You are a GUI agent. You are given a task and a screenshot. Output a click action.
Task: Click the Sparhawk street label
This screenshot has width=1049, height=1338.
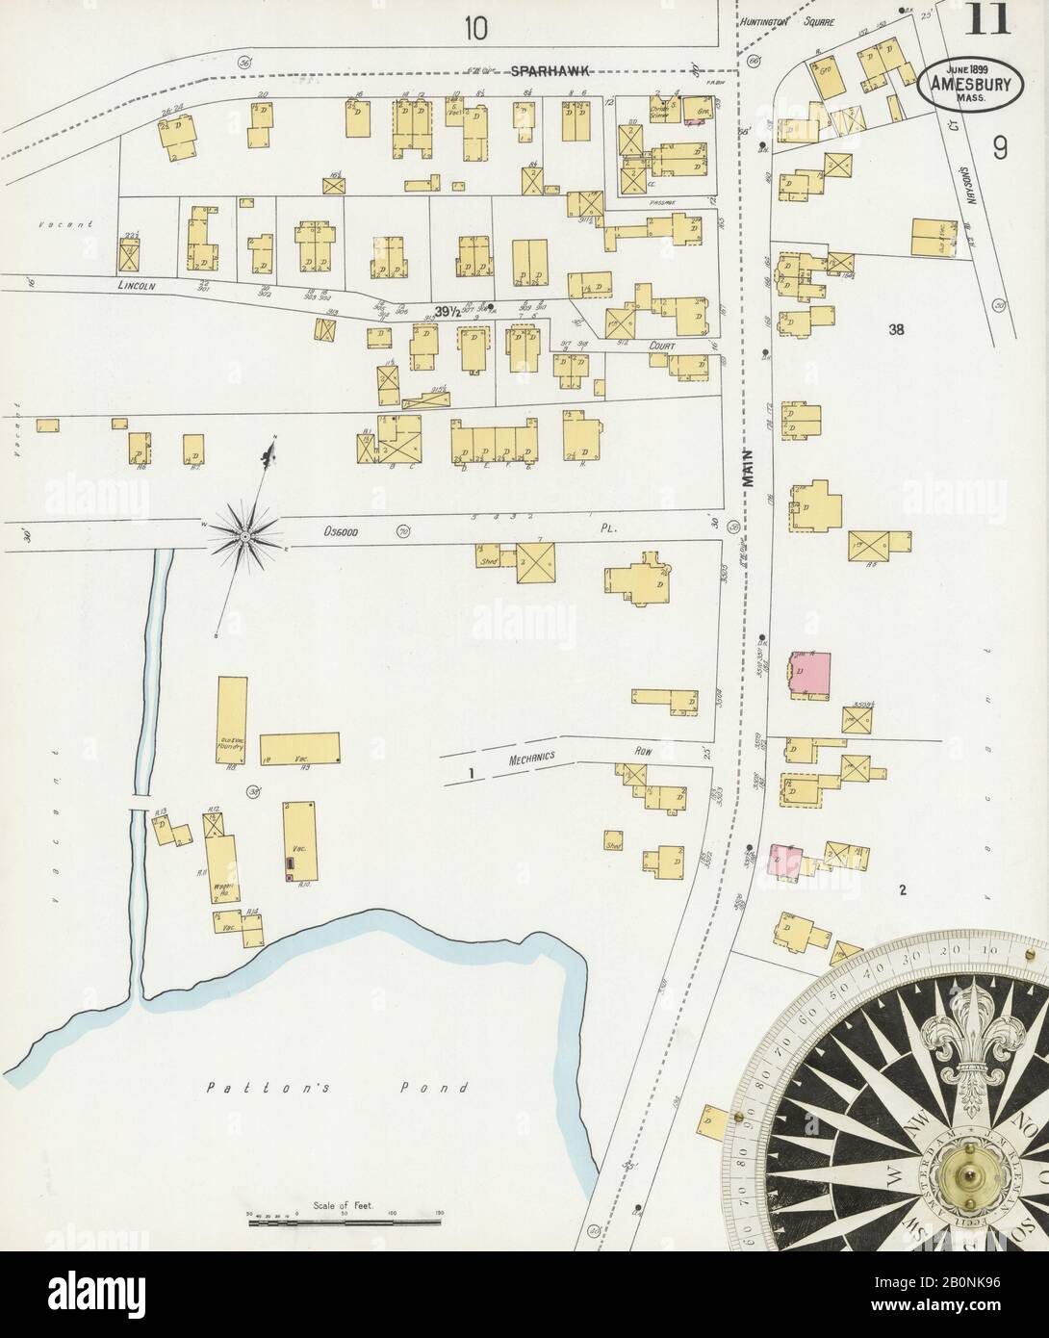pos(549,70)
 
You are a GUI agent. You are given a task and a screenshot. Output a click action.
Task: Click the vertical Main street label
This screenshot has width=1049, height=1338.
pos(749,469)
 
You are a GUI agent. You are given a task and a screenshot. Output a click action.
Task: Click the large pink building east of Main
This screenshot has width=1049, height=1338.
pos(810,673)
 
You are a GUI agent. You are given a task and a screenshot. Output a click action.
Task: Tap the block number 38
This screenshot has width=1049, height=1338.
pos(897,330)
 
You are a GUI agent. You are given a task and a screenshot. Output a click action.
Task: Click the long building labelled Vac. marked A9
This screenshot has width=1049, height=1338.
pos(300,749)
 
